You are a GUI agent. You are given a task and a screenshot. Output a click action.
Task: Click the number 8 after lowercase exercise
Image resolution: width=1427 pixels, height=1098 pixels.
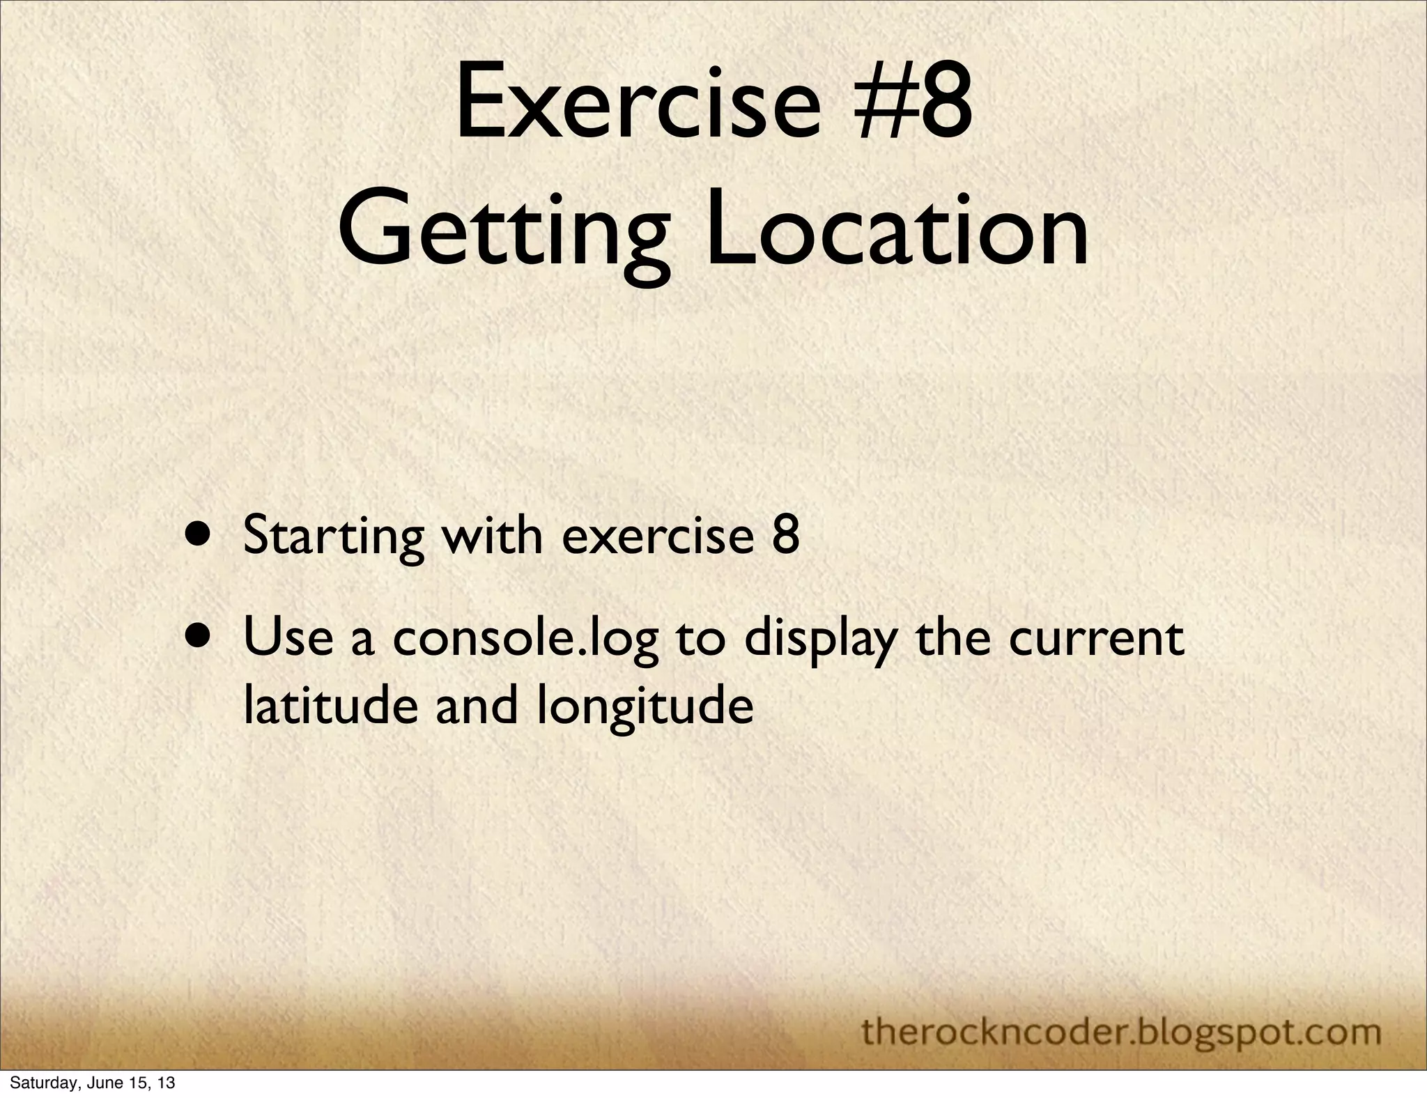[x=785, y=536]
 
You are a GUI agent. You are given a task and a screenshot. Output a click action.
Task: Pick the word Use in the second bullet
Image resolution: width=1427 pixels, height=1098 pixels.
[x=288, y=639]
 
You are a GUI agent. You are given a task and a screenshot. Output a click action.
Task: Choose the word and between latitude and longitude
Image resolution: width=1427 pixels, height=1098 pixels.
[x=477, y=706]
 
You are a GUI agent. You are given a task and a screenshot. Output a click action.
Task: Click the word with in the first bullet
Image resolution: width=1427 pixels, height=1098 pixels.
[x=495, y=536]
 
